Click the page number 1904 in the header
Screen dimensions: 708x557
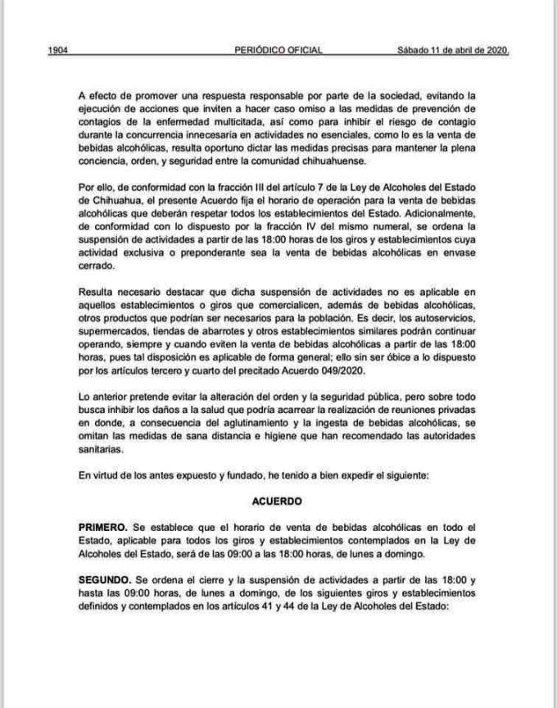(57, 50)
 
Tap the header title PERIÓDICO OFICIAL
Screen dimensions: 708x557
(278, 50)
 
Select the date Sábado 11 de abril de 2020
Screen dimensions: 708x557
(453, 50)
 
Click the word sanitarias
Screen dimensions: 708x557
(102, 450)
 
